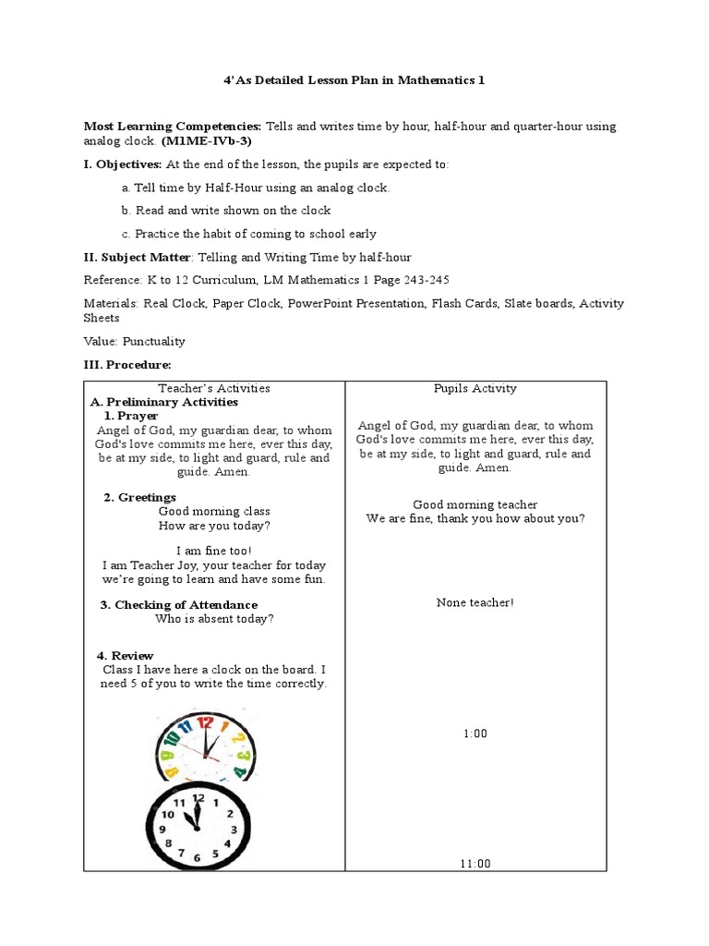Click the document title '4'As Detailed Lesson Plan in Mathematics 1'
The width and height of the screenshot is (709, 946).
(x=354, y=80)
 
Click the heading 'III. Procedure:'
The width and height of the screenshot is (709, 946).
(x=127, y=365)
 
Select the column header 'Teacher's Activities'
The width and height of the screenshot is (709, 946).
(x=214, y=389)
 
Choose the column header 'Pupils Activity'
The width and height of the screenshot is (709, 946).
(x=475, y=389)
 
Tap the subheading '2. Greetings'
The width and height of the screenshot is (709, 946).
(x=139, y=497)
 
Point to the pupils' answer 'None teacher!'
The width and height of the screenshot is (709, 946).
(x=475, y=602)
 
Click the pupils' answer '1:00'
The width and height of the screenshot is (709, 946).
(x=475, y=734)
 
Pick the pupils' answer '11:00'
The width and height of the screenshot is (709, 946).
(x=475, y=864)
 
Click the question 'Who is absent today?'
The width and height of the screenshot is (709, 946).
(x=214, y=619)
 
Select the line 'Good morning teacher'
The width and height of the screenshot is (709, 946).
(x=475, y=504)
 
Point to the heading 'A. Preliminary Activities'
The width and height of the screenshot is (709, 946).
(x=163, y=403)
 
